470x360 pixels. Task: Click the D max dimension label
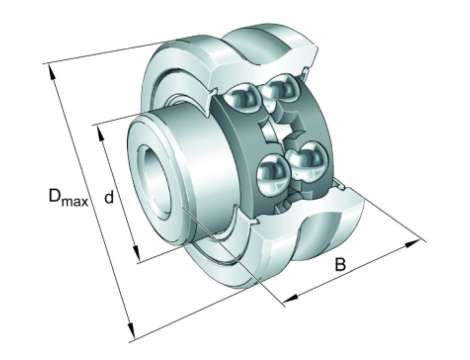(68, 197)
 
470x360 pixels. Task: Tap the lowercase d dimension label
(109, 197)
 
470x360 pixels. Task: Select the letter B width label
(340, 265)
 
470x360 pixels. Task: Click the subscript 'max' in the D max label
(75, 201)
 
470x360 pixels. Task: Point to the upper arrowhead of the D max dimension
(52, 72)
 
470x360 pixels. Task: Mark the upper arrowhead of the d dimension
(100, 134)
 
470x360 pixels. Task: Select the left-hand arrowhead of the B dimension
(291, 298)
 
